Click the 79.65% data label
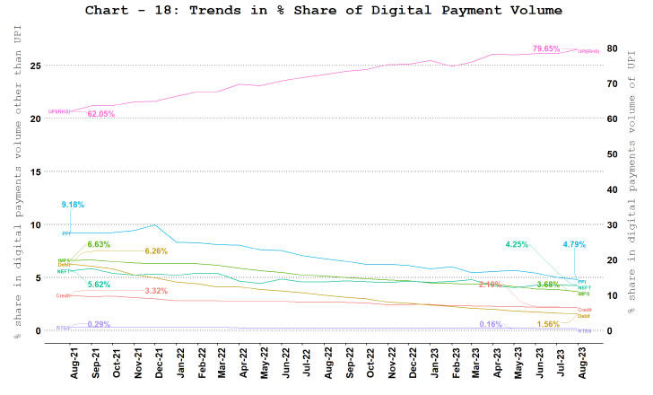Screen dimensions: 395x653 (x=546, y=48)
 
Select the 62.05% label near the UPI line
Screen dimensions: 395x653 (x=100, y=114)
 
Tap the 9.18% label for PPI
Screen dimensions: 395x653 (x=73, y=205)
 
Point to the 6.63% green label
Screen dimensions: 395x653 (x=99, y=244)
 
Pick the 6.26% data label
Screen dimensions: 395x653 (x=157, y=251)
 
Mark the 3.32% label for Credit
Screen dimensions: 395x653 (x=157, y=291)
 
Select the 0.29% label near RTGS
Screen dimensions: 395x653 (x=99, y=324)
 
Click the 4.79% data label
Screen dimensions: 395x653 (x=573, y=244)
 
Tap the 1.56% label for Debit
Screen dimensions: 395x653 (x=548, y=324)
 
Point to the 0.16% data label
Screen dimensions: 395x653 (x=490, y=324)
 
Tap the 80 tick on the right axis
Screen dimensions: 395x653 (x=613, y=48)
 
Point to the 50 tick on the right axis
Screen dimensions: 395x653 (x=613, y=154)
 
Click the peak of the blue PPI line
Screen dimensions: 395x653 (x=156, y=224)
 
